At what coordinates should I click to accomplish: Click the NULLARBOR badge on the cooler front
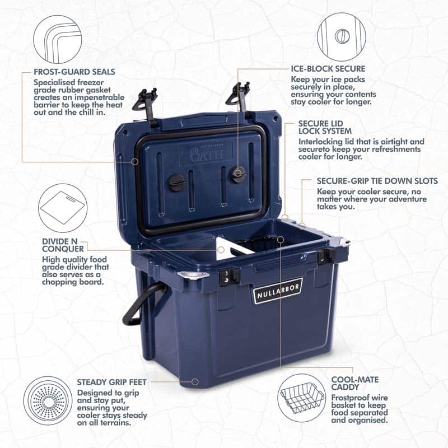click(x=278, y=291)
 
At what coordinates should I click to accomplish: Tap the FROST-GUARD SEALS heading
click(x=74, y=72)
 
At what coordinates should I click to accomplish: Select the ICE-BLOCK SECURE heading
click(x=328, y=69)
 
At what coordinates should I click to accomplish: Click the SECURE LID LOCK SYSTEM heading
click(x=325, y=128)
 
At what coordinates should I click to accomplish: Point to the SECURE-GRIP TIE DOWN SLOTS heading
click(x=377, y=181)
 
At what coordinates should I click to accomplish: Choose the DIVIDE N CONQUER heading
click(x=63, y=245)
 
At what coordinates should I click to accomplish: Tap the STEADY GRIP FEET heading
click(x=111, y=382)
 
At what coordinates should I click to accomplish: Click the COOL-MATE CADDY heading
click(x=355, y=384)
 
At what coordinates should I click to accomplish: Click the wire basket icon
click(x=301, y=398)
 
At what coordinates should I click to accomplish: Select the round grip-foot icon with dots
click(x=48, y=400)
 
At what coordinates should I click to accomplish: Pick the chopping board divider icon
click(x=63, y=208)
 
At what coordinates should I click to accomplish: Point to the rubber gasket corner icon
click(x=58, y=39)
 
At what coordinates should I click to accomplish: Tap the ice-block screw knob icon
click(x=342, y=36)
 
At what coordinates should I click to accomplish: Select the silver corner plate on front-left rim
click(x=193, y=275)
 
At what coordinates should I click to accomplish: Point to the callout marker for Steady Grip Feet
click(x=195, y=382)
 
